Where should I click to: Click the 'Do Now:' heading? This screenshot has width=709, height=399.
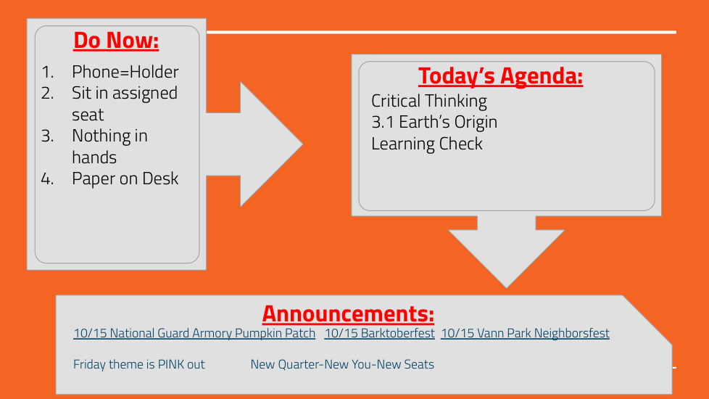116,40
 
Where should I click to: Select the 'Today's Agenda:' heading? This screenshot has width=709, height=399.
500,75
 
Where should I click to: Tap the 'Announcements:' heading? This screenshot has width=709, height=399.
348,313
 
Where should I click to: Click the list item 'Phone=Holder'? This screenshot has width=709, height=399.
125,72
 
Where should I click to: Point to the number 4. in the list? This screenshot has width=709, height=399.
47,178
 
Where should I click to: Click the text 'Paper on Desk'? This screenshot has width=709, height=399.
125,178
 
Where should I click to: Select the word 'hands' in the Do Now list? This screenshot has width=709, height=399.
94,157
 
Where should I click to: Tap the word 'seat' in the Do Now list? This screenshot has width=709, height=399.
88,115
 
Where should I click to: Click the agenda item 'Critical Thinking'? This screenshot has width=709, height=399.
429,101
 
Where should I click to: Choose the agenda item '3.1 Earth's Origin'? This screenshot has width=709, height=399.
434,122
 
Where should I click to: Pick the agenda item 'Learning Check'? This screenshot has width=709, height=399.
427,144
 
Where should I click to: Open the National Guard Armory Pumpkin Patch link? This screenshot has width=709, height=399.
194,334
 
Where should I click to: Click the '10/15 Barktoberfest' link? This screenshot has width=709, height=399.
379,334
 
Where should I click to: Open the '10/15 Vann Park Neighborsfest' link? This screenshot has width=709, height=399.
525,334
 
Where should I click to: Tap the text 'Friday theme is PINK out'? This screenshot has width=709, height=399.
138,365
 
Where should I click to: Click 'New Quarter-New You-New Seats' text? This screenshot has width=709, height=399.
342,365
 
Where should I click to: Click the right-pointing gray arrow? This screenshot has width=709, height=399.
262,144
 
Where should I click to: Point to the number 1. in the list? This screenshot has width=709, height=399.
47,72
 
